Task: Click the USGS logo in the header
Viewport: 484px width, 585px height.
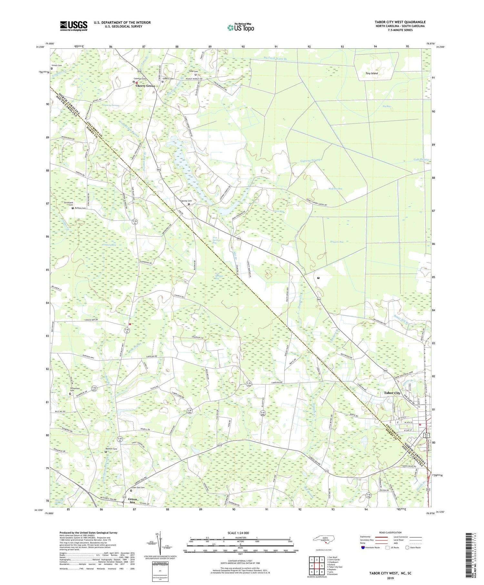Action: click(x=74, y=26)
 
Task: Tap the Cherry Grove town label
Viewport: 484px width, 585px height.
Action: click(x=145, y=86)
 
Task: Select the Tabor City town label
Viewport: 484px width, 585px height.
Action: click(x=392, y=393)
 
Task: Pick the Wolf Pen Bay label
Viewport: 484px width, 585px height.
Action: click(x=335, y=189)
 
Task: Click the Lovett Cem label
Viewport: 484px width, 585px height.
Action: click(x=57, y=65)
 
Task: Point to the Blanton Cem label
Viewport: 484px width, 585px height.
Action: click(x=111, y=449)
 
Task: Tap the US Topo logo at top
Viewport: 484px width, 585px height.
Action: click(x=240, y=27)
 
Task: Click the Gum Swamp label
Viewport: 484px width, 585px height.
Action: click(x=421, y=160)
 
